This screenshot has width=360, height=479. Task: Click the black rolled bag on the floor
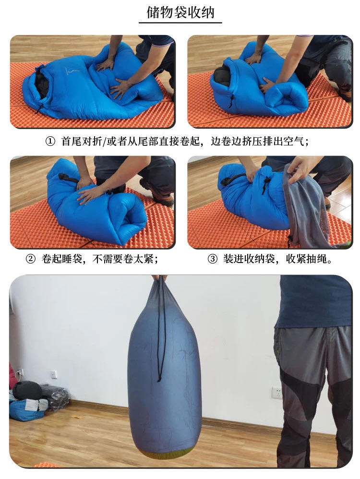pyautogui.click(x=27, y=390)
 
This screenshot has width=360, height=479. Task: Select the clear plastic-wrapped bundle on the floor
pyautogui.click(x=55, y=396)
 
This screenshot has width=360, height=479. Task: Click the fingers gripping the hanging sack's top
pyautogui.click(x=159, y=278)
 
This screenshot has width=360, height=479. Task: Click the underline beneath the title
pyautogui.click(x=180, y=23)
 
